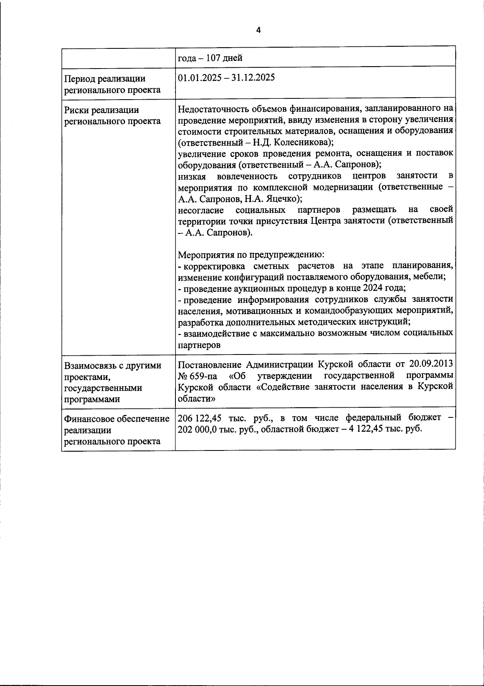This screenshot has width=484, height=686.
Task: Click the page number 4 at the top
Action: pyautogui.click(x=258, y=31)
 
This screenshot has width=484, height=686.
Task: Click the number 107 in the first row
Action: pyautogui.click(x=213, y=58)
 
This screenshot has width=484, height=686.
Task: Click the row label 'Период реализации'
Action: pyautogui.click(x=105, y=79)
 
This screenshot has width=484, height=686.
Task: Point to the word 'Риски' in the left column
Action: pyautogui.click(x=77, y=110)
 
